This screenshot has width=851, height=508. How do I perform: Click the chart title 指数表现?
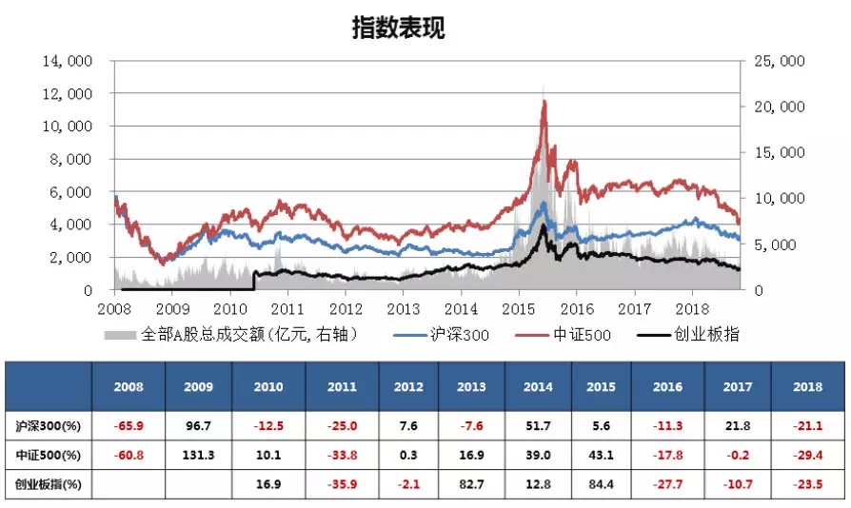pos(398,29)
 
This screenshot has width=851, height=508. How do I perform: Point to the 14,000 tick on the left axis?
pos(68,61)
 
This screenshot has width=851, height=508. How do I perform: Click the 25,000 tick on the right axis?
pos(779,61)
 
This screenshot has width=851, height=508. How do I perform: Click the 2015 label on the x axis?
pos(519,309)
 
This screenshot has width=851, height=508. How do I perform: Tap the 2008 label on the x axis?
pos(114,309)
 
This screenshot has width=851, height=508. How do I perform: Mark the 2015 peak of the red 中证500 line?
pos(544,102)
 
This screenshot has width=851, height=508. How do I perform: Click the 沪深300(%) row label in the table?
pos(48,425)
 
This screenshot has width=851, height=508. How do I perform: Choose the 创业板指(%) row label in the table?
pos(48,484)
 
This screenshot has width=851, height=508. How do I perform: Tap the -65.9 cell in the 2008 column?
pos(129,425)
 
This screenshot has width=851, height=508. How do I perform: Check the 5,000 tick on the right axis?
pos(782,244)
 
